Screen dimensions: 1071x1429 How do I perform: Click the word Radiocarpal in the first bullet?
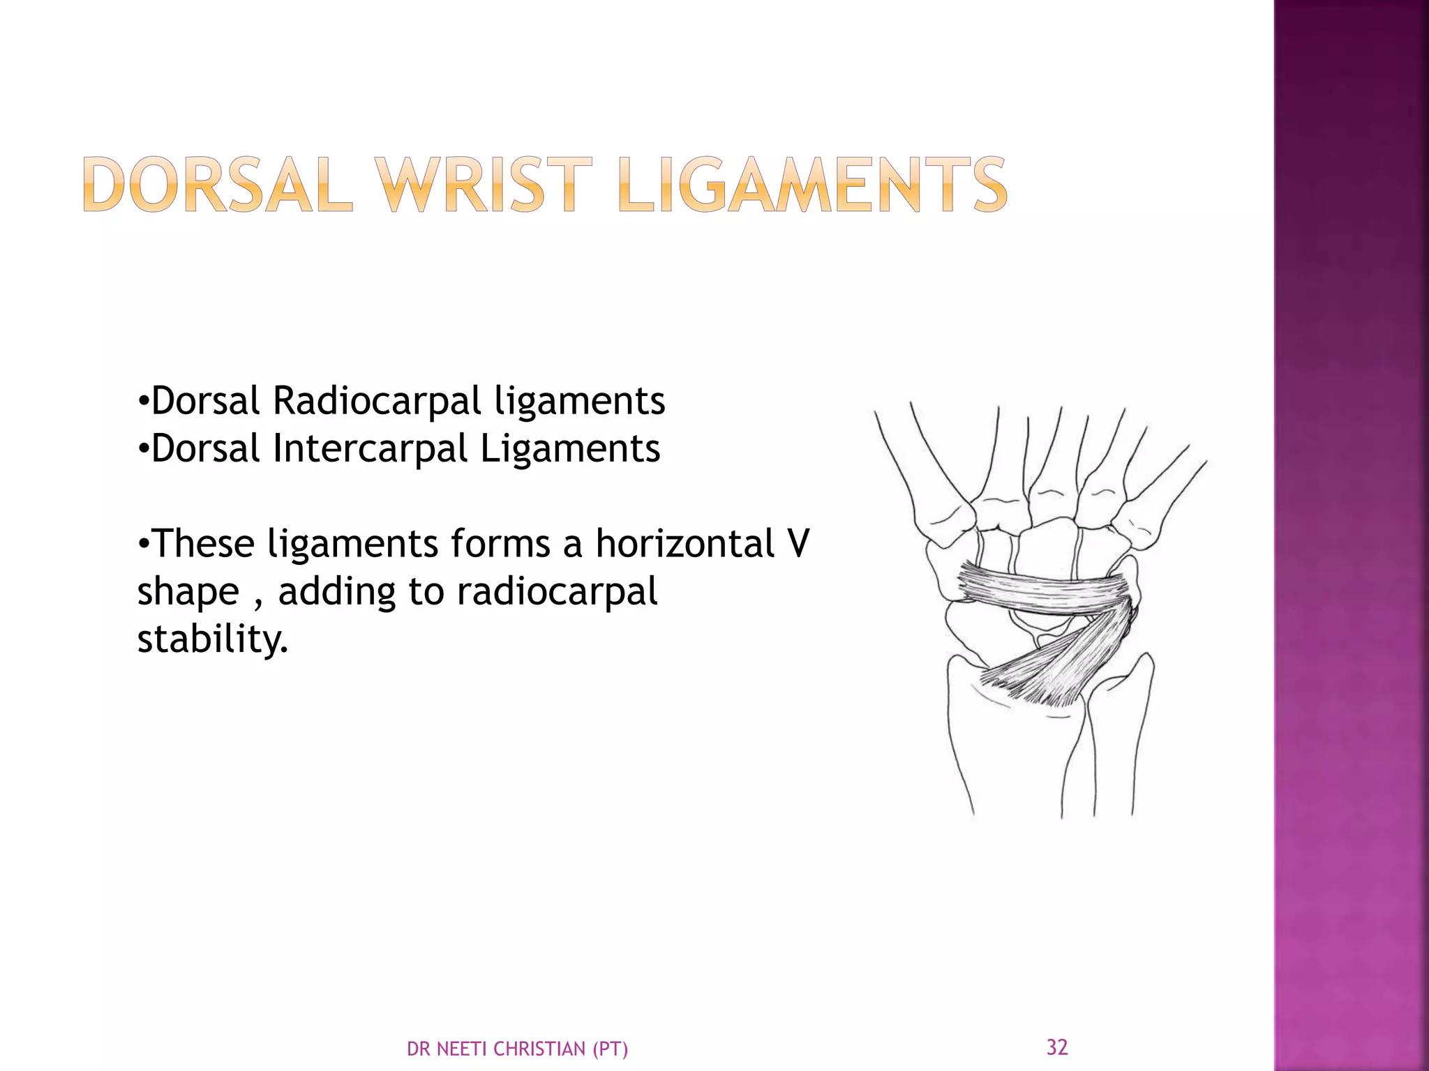[377, 401]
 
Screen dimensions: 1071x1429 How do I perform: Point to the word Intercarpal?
[370, 448]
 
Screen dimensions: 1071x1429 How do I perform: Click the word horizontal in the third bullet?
[684, 544]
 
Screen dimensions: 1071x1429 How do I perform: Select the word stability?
[212, 639]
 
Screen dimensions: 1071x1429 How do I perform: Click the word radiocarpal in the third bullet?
[557, 592]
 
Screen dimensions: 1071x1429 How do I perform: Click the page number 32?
[1057, 1047]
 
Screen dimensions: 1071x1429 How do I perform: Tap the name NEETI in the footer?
[464, 1049]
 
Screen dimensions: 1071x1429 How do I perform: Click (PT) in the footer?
[610, 1049]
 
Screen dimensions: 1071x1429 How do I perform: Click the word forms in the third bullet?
[500, 544]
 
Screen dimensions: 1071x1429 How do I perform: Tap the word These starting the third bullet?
[202, 544]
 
